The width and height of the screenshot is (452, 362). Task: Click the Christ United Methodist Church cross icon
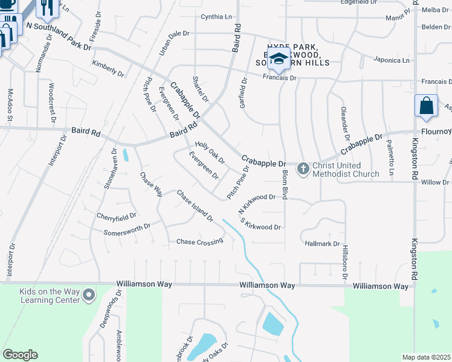[x=303, y=170]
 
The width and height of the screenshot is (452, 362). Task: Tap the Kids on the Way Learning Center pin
[x=89, y=295]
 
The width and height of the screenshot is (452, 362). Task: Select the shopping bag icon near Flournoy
[x=427, y=106]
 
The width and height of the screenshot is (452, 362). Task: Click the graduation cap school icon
[x=279, y=59]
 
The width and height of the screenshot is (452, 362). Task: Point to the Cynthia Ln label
[x=216, y=16]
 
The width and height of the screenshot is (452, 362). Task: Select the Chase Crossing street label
[x=199, y=242]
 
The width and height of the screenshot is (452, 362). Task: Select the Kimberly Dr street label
[x=108, y=68]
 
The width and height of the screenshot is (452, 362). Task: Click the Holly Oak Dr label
[x=210, y=153]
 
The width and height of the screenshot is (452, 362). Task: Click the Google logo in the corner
[x=20, y=355]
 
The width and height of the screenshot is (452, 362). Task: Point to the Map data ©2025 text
[x=426, y=357]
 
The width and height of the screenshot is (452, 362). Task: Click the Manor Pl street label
[x=396, y=19]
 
